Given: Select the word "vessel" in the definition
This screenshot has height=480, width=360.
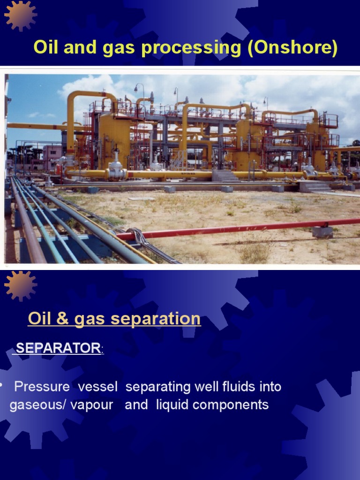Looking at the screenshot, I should click(x=98, y=387).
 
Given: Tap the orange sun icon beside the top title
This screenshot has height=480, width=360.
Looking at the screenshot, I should click(x=21, y=15).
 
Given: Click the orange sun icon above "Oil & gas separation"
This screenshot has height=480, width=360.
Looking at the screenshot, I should click(x=20, y=285).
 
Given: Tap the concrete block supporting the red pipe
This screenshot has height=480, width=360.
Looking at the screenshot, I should click(x=322, y=232).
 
